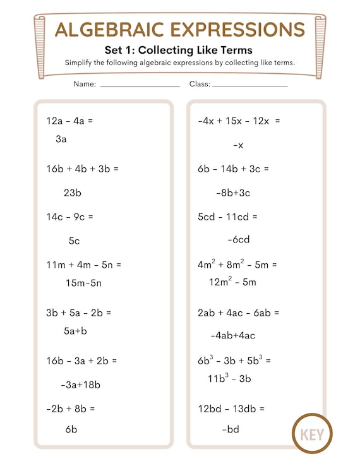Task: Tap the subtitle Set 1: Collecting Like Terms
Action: [179, 51]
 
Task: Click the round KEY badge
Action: [312, 434]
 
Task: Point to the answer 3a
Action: [61, 140]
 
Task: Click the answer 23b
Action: [73, 193]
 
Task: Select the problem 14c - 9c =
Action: [69, 217]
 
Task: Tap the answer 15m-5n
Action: [83, 283]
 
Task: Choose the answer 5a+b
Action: [75, 330]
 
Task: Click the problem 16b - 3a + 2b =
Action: [81, 361]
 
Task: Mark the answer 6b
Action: [71, 429]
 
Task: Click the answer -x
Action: [238, 145]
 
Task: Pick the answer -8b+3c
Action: [233, 193]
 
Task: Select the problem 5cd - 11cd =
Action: [227, 217]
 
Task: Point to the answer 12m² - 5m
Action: [232, 282]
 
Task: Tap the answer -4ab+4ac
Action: [232, 335]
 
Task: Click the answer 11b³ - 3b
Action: [229, 378]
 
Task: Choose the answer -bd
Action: [231, 429]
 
